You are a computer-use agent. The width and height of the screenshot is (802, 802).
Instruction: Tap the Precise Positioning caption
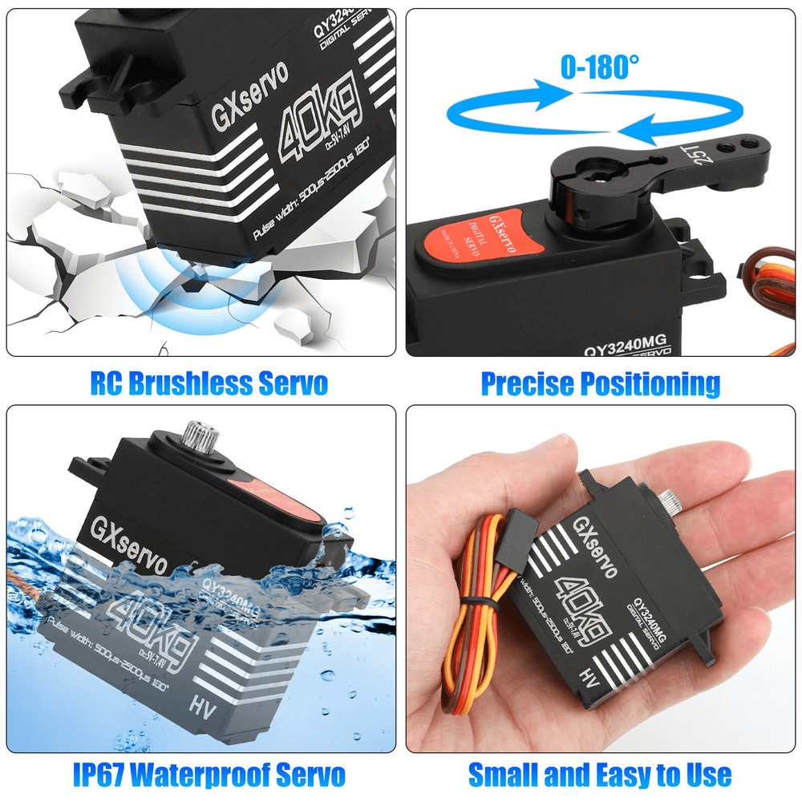coord(600,383)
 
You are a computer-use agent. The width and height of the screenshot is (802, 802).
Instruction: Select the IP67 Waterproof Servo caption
coord(209,775)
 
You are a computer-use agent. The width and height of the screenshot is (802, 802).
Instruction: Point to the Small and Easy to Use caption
coord(600,775)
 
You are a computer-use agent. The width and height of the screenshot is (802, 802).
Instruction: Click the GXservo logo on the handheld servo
coord(594,545)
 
